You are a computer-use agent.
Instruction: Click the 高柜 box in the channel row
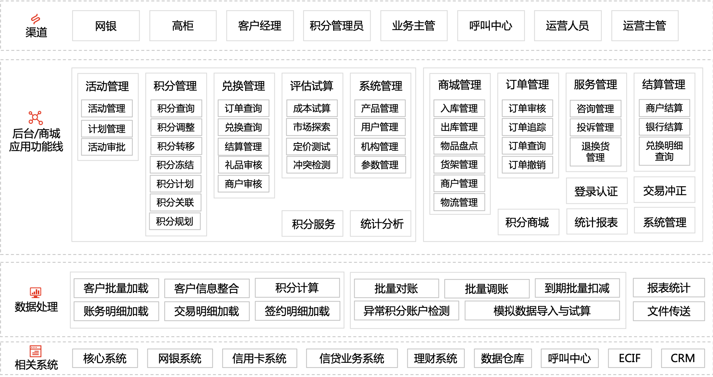[x=183, y=26]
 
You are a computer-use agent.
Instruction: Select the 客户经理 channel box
[x=260, y=26]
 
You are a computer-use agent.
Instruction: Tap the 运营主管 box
[x=645, y=26]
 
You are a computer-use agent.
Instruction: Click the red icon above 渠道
[x=36, y=19]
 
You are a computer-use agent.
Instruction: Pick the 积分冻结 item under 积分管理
[x=176, y=165]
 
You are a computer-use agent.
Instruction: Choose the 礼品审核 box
[x=244, y=165]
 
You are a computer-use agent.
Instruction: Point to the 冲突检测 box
[x=312, y=165]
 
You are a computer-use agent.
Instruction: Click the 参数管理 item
[x=380, y=165]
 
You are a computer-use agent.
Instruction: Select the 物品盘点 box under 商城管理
[x=459, y=146]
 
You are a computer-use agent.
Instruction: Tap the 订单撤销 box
[x=527, y=165]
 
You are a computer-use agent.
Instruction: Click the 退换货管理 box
[x=596, y=152]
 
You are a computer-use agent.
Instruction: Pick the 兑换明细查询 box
[x=664, y=151]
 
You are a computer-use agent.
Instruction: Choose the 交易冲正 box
[x=664, y=191]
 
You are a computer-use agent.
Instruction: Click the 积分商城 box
[x=527, y=222]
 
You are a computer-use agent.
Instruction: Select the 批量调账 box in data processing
[x=487, y=289]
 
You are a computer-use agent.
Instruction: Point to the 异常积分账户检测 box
[x=407, y=310]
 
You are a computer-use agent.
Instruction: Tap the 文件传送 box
[x=669, y=311]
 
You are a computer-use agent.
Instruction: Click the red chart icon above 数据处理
[x=36, y=293]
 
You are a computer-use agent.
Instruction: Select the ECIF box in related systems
[x=630, y=358]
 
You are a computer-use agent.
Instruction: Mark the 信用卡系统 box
[x=260, y=358]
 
